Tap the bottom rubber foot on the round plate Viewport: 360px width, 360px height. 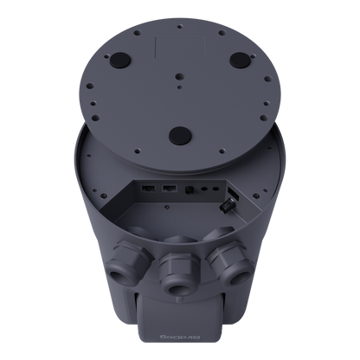tap(179, 135)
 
